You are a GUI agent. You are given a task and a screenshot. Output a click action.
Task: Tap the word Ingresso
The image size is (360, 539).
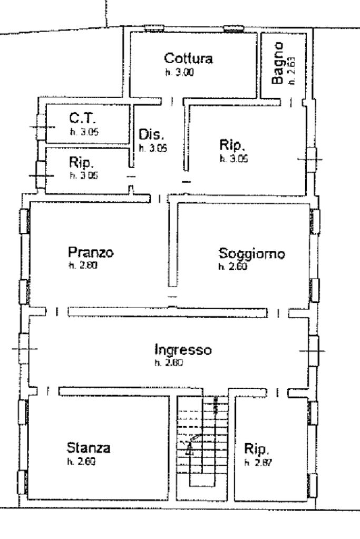183,349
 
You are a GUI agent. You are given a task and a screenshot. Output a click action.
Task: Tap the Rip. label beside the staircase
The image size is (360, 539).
257,449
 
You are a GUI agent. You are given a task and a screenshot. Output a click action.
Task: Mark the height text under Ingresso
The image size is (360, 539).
168,363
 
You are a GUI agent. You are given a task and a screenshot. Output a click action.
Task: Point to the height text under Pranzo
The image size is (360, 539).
80,266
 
